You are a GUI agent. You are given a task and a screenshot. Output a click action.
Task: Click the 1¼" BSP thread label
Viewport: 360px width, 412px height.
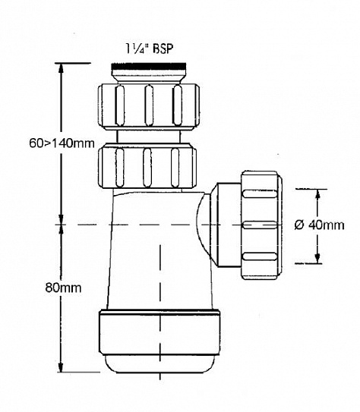(150, 49)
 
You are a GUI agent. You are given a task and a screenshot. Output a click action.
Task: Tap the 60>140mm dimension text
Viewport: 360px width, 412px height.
(62, 143)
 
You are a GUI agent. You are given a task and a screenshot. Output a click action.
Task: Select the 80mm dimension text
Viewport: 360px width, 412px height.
(63, 288)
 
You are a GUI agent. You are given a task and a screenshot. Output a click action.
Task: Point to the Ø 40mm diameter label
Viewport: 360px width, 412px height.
(319, 225)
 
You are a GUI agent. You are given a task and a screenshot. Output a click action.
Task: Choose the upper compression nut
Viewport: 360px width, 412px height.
(149, 106)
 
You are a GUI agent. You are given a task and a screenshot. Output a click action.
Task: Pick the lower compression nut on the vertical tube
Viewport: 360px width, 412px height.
(147, 165)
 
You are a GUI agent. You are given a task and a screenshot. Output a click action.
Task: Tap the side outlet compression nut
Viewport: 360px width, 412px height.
(261, 225)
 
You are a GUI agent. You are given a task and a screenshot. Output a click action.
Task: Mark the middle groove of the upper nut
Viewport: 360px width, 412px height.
(149, 105)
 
